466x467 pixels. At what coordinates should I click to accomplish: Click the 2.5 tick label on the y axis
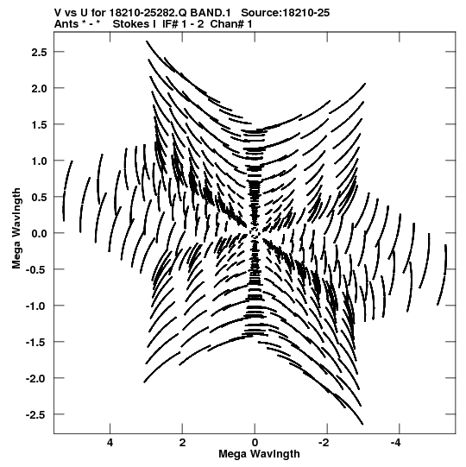(40, 52)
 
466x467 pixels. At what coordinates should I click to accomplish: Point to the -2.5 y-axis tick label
(36, 414)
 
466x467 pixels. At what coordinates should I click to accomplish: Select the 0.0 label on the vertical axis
(40, 233)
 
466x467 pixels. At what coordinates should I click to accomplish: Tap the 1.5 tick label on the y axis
(40, 125)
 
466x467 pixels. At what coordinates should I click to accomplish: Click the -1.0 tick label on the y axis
(36, 306)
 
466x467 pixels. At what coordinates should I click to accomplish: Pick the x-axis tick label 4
(110, 443)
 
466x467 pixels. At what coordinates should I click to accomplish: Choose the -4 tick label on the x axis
(396, 443)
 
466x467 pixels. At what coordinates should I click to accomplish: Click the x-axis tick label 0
(255, 443)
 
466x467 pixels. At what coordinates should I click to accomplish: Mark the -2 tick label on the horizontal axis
(324, 443)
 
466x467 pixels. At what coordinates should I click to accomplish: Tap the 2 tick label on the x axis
(182, 443)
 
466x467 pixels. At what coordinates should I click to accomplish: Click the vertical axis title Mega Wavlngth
(16, 229)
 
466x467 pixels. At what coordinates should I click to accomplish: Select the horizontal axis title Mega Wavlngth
(259, 454)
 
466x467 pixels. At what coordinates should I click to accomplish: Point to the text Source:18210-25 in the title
(286, 13)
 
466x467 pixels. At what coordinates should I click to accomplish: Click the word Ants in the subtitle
(66, 24)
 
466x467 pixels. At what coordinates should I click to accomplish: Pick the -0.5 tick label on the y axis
(36, 270)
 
